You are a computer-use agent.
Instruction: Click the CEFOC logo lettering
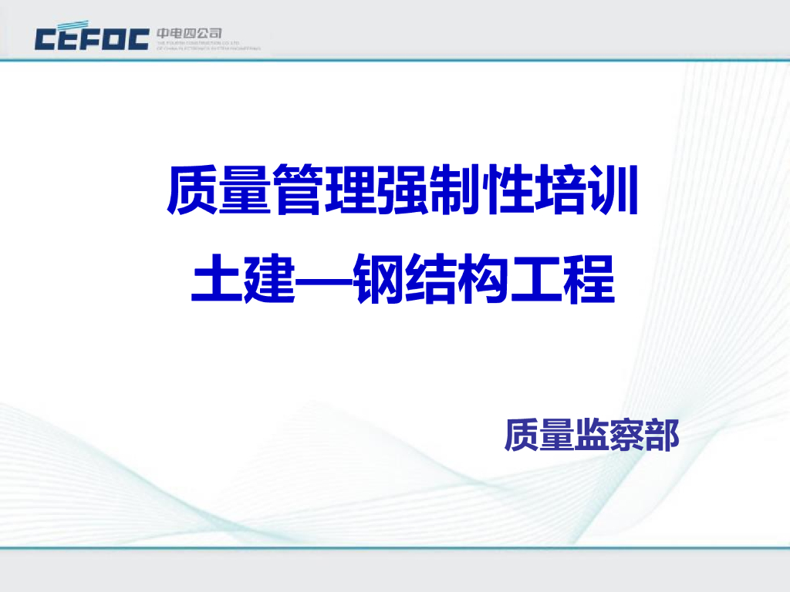coord(92,38)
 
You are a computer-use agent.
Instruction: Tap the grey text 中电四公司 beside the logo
coord(189,33)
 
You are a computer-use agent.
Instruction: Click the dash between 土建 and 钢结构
coord(325,279)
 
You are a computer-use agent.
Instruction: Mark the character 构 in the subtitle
coord(484,278)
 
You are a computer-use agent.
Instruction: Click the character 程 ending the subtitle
coord(589,278)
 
